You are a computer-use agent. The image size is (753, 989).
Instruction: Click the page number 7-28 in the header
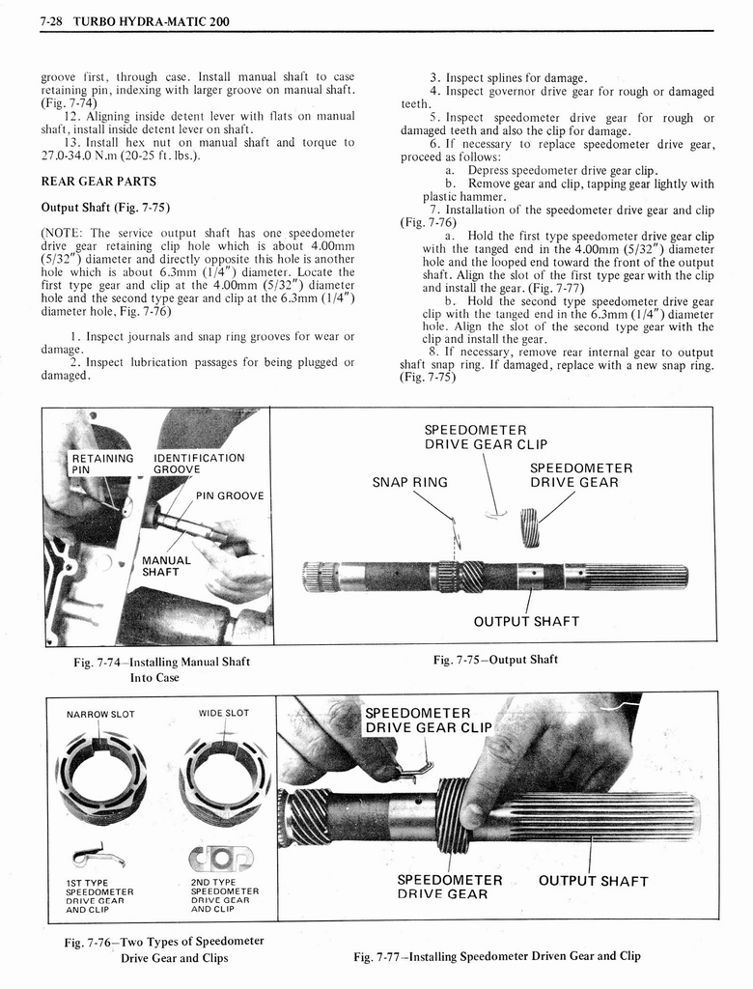(53, 21)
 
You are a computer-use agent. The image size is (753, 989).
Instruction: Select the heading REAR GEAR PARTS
(98, 181)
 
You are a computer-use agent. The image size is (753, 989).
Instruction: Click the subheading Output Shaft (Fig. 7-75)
(105, 207)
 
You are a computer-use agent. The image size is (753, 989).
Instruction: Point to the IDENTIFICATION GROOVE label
(199, 464)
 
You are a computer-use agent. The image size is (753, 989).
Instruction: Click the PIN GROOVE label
(229, 495)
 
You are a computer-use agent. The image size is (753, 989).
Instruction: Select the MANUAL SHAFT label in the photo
(167, 566)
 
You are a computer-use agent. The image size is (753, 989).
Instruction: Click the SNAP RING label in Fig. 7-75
(410, 482)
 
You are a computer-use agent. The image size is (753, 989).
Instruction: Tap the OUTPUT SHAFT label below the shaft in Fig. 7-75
(526, 621)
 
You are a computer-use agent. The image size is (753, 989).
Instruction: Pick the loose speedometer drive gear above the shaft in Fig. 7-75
(529, 527)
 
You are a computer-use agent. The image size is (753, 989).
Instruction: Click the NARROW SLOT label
(100, 714)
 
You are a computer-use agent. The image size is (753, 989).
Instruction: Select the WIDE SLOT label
(224, 713)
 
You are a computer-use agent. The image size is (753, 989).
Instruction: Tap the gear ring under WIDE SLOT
(225, 773)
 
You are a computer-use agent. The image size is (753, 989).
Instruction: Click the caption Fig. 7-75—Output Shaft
(495, 660)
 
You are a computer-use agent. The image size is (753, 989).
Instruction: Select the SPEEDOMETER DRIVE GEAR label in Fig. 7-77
(450, 887)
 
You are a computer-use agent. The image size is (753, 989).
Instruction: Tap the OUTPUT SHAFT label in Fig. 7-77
(593, 881)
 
